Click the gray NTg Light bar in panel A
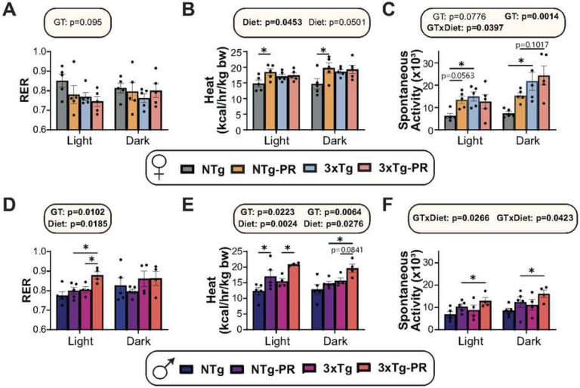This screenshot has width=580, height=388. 61,105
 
